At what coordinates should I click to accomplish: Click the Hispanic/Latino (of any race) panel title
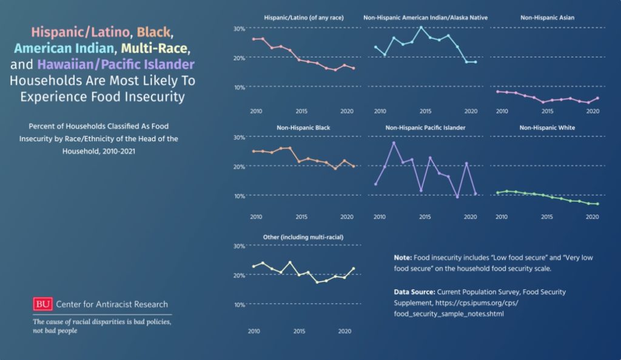point(304,18)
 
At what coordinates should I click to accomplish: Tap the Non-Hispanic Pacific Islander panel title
point(425,128)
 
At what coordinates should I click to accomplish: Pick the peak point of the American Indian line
point(421,27)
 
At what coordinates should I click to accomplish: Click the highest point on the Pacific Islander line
point(394,142)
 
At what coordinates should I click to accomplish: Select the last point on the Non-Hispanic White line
point(597,204)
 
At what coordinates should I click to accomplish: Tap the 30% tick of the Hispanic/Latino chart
point(239,28)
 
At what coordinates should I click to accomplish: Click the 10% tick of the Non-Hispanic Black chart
point(239,196)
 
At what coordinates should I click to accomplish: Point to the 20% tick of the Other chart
point(239,275)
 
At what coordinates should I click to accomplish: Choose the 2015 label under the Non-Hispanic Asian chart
point(547,112)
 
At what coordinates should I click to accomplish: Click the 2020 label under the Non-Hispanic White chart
point(592,216)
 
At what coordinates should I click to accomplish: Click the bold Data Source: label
point(414,292)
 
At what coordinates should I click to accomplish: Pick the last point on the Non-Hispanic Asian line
point(597,98)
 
